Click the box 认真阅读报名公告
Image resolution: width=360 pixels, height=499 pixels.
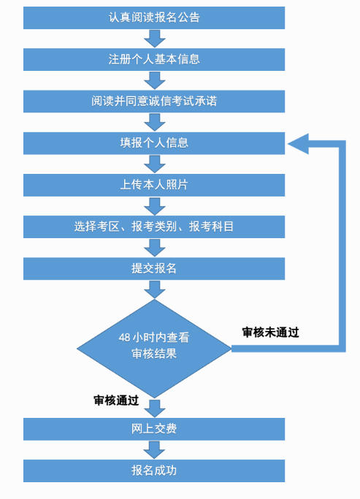[154, 18]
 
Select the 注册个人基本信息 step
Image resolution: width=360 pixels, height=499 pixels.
[154, 59]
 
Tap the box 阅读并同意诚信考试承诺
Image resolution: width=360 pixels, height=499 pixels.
[154, 102]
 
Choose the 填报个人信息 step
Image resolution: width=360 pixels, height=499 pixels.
[154, 143]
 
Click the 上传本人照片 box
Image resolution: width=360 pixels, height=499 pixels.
[154, 185]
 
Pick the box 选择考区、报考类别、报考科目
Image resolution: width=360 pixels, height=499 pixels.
[154, 226]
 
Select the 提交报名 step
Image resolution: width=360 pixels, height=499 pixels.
[154, 269]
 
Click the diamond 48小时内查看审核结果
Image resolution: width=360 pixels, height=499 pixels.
[154, 348]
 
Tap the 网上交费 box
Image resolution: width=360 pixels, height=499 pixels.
[154, 429]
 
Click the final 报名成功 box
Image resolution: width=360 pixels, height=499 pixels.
[154, 471]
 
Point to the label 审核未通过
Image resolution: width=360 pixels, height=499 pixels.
[271, 332]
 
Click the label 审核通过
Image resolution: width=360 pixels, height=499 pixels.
[116, 400]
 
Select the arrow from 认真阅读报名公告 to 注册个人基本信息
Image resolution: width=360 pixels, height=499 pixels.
[155, 39]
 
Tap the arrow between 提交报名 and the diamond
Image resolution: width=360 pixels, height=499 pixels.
[155, 289]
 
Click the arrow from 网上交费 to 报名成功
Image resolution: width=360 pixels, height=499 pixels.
[154, 450]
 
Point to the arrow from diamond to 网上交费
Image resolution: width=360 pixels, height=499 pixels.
[155, 408]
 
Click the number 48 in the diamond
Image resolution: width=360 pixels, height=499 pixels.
[124, 338]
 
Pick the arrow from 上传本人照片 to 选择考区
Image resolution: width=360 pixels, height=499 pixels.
[155, 206]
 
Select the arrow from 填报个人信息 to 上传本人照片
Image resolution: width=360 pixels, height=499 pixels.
[155, 164]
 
